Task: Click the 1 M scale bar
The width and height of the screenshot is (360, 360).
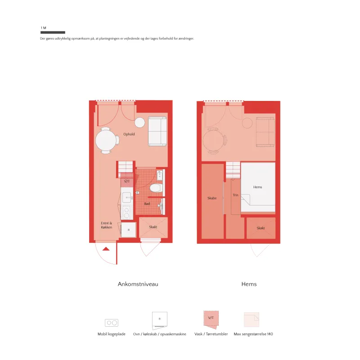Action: click(53, 32)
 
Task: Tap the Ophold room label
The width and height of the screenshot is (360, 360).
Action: click(129, 134)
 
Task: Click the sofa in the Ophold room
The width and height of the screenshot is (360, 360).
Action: click(157, 131)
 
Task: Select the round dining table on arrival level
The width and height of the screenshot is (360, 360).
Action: click(106, 140)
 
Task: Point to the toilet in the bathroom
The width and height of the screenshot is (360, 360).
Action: click(156, 188)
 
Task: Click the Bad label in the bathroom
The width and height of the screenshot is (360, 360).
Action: click(147, 204)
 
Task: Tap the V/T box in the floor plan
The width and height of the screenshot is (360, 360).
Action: click(127, 181)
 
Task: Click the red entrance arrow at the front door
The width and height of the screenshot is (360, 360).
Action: click(106, 249)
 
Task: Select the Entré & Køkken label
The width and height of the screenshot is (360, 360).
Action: click(107, 225)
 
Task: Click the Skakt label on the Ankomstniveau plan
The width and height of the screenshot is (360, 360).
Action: click(153, 227)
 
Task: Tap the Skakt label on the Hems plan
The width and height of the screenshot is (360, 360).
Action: click(261, 228)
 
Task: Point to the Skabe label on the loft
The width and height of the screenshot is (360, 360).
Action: click(212, 198)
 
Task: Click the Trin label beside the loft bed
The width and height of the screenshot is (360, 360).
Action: click(235, 195)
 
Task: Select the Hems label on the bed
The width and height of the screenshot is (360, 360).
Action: click(257, 187)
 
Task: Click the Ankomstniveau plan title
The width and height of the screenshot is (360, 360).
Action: click(138, 284)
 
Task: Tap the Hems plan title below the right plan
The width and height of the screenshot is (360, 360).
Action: click(249, 284)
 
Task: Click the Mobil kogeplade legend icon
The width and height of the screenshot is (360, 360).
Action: click(112, 323)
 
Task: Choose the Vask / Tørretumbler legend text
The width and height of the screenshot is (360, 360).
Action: click(211, 334)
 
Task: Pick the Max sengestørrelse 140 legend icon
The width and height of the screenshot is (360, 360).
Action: click(252, 319)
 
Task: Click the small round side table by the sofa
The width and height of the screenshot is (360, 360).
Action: click(139, 122)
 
